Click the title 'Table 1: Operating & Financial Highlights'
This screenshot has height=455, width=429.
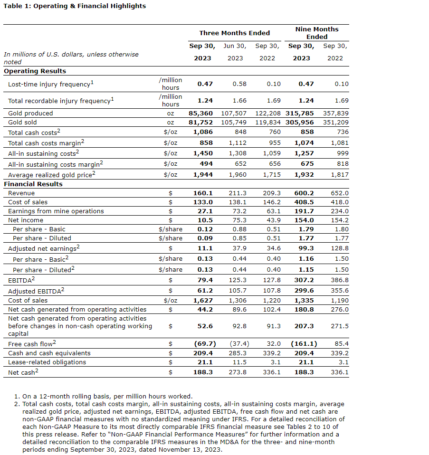click(x=75, y=6)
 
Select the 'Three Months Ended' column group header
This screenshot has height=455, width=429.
click(x=234, y=33)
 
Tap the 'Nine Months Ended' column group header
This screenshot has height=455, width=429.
click(x=317, y=33)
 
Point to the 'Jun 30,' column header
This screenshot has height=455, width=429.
click(x=235, y=46)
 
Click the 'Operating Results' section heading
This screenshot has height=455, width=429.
click(x=35, y=71)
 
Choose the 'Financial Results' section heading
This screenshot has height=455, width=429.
click(x=33, y=184)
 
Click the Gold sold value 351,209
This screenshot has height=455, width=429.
click(x=336, y=122)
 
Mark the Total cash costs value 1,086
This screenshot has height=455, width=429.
click(x=203, y=133)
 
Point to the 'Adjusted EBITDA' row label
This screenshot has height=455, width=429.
click(x=36, y=291)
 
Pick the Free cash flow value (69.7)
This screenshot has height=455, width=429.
click(x=205, y=343)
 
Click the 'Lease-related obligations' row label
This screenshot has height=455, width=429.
click(x=47, y=362)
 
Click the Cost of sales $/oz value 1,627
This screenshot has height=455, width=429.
click(x=203, y=300)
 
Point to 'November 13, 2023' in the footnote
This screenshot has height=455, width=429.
click(x=193, y=449)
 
